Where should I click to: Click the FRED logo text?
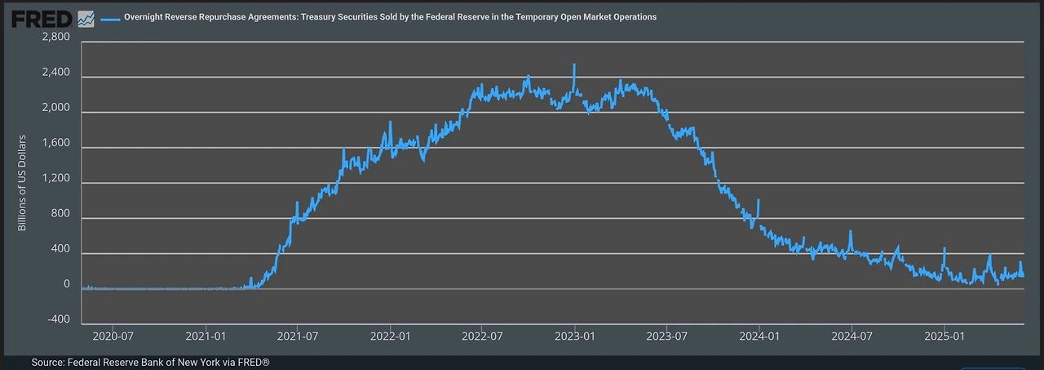point(41,17)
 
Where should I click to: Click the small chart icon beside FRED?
point(86,18)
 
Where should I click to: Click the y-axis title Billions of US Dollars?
point(23,182)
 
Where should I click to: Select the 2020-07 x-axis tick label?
point(114,335)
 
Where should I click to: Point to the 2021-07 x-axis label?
point(299,335)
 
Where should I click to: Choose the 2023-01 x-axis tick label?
point(575,335)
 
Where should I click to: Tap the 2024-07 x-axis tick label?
point(852,335)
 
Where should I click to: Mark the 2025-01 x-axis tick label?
point(944,335)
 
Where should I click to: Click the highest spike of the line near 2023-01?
point(574,65)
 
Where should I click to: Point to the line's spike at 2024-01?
point(759,201)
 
